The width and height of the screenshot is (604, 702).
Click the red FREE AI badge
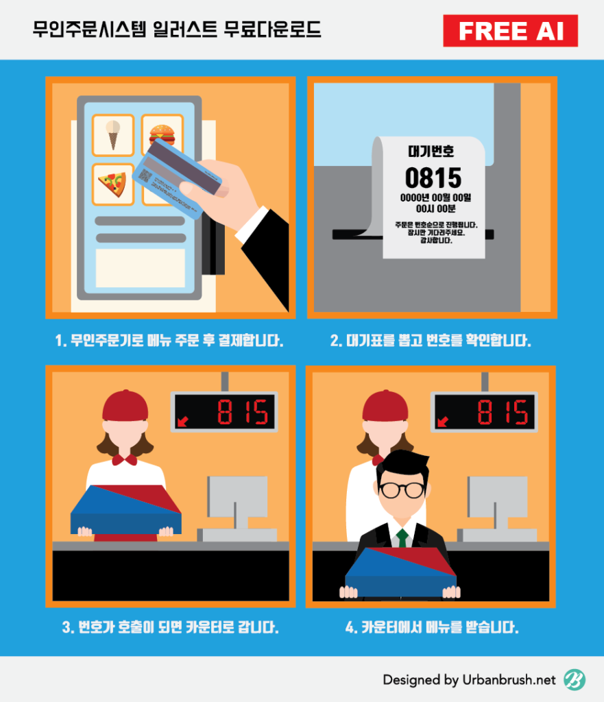(511, 31)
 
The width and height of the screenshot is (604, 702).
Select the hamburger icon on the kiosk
(162, 134)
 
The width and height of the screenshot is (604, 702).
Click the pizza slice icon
(112, 184)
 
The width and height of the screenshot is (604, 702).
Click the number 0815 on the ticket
(433, 178)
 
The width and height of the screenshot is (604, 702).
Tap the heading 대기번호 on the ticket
(431, 152)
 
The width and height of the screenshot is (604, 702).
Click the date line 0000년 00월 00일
(435, 197)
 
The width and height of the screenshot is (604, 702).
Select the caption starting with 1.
(169, 341)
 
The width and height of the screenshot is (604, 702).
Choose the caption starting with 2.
(431, 341)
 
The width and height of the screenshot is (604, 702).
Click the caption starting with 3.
(170, 627)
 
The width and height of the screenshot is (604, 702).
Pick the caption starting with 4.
(432, 627)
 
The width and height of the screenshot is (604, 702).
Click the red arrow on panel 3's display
(182, 422)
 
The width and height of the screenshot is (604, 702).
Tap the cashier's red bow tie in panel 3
(125, 460)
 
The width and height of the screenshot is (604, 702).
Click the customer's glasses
(402, 490)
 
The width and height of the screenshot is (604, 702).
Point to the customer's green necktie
(402, 537)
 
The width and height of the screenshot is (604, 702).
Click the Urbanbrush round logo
(575, 679)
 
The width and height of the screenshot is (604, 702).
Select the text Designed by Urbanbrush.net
(469, 680)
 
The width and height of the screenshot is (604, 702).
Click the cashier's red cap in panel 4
(385, 406)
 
